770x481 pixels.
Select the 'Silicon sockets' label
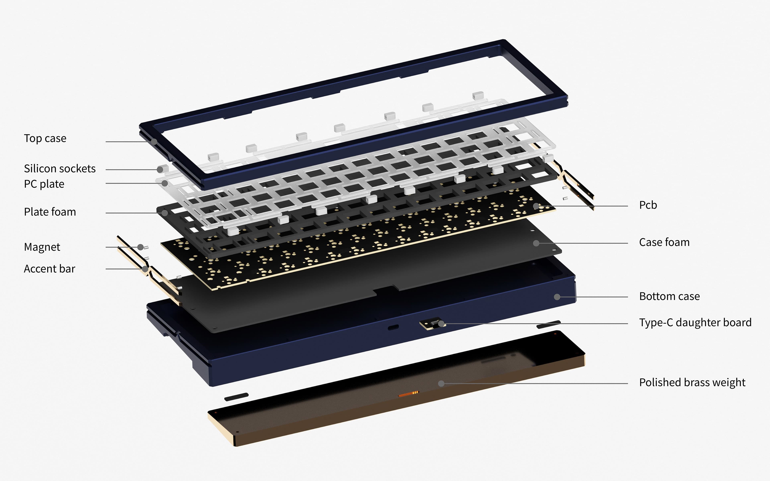(60, 169)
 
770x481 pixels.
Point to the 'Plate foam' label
(50, 212)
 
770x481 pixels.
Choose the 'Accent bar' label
(50, 269)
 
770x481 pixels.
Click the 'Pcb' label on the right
(648, 205)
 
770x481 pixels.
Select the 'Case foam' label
(664, 242)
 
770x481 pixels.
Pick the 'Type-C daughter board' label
(695, 323)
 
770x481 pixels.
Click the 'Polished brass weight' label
(692, 382)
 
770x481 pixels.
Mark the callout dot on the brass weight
(441, 384)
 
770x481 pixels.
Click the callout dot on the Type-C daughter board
(441, 324)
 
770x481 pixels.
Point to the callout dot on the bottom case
(557, 297)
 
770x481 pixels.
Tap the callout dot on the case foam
(536, 243)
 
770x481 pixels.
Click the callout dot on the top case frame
(154, 142)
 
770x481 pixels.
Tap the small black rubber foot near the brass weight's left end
(236, 397)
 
